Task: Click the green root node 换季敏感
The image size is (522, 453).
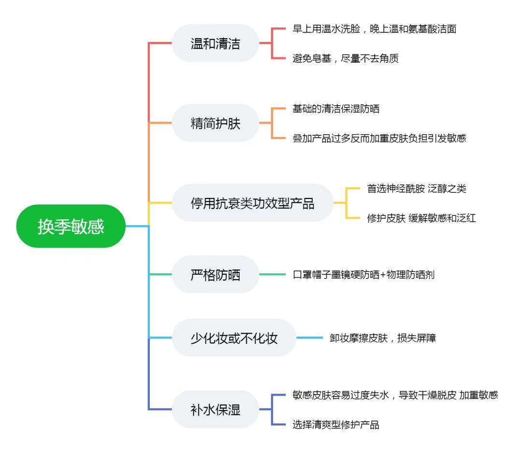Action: click(71, 226)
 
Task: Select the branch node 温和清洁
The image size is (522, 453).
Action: click(215, 43)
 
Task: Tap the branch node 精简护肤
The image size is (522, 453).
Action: click(215, 123)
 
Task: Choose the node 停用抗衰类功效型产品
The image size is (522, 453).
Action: click(252, 203)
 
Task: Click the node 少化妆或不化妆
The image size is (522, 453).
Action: click(233, 338)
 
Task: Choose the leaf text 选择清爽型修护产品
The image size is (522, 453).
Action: click(336, 425)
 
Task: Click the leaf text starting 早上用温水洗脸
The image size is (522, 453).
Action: click(375, 28)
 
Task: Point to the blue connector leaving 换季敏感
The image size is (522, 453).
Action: click(137, 226)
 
